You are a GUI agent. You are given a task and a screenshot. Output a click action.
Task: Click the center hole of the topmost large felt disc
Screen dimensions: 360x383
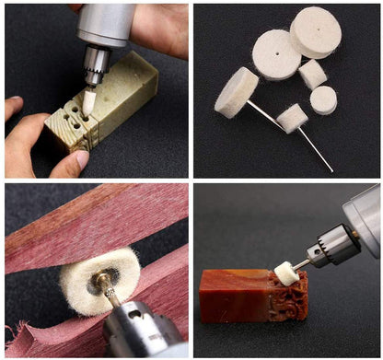(316, 31)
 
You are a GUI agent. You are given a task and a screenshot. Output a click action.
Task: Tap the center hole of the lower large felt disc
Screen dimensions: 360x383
(276, 54)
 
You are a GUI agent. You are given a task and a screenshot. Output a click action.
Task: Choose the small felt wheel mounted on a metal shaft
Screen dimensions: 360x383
(292, 117)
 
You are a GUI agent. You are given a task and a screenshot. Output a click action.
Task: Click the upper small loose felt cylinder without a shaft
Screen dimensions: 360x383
(313, 74)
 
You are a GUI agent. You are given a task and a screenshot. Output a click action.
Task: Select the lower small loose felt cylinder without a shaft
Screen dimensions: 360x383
(323, 99)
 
